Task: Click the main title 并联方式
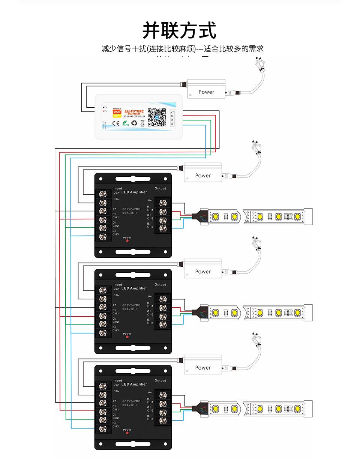[x=179, y=30]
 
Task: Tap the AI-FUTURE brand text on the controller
[x=134, y=111]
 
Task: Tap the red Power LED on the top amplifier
[x=127, y=241]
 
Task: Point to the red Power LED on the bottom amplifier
[x=127, y=433]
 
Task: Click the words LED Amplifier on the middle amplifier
[x=134, y=288]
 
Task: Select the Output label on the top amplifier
[x=160, y=188]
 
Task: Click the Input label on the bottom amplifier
[x=118, y=380]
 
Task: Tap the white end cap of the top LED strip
[x=308, y=216]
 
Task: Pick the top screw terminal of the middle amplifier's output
[x=163, y=299]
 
